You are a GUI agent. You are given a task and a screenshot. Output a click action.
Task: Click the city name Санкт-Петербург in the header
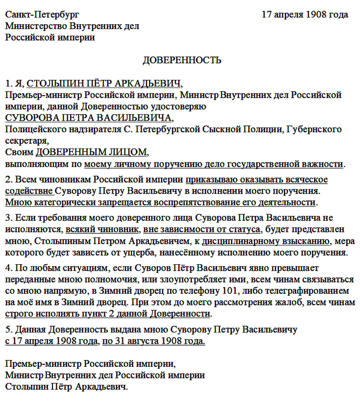42,15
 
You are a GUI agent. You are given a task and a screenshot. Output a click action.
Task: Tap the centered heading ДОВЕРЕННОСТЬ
182,60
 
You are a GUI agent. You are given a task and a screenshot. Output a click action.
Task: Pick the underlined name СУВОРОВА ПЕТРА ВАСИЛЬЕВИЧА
89,118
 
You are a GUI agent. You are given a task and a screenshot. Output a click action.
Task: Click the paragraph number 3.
8,218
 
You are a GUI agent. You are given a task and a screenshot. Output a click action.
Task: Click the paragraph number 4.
8,268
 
